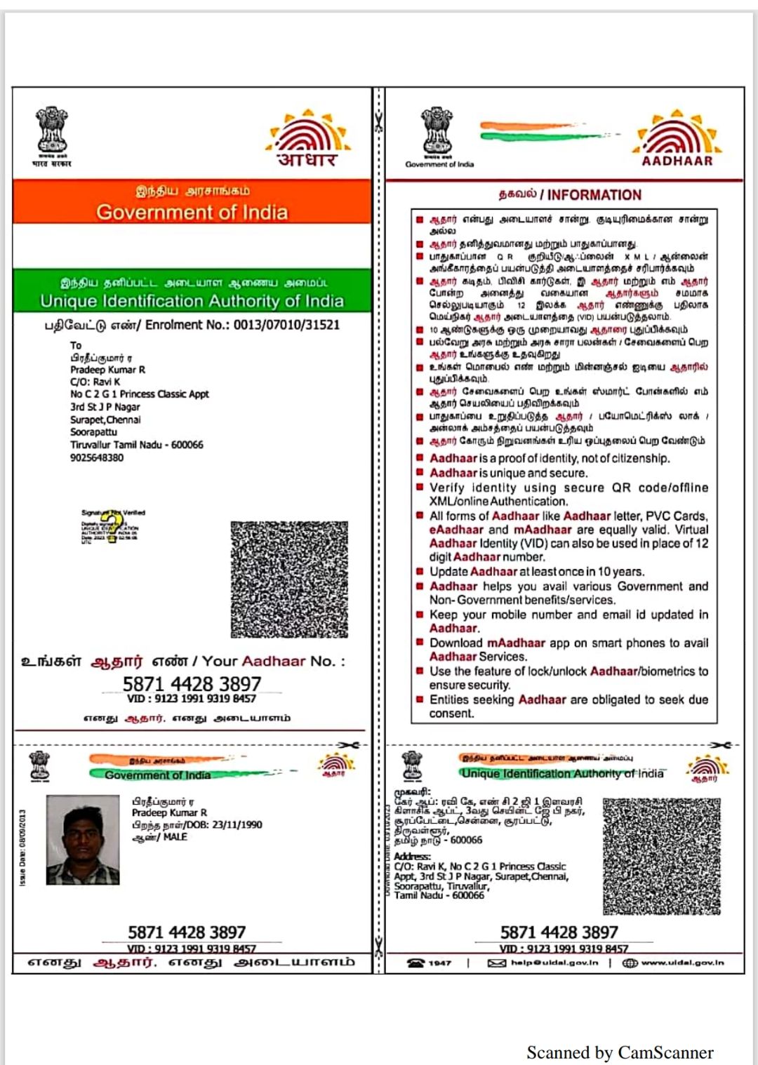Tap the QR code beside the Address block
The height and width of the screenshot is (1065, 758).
tap(662, 855)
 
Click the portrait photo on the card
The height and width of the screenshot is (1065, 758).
tap(83, 840)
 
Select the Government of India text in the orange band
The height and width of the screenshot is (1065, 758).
tap(192, 212)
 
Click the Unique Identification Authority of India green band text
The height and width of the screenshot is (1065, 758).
tap(192, 301)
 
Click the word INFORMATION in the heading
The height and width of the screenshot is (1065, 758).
tap(594, 195)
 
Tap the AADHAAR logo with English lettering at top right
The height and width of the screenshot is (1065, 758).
tap(677, 138)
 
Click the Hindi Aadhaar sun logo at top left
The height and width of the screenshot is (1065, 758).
tap(308, 138)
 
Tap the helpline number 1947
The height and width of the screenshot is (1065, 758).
tap(439, 963)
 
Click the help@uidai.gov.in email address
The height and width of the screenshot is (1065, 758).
tap(554, 963)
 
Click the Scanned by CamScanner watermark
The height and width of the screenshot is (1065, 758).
tap(620, 1052)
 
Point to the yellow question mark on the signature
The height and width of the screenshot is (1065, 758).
tap(112, 527)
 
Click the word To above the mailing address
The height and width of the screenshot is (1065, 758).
tap(76, 345)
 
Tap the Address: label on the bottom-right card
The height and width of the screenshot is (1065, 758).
tap(412, 856)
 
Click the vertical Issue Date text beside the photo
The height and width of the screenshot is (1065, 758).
tap(23, 847)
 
